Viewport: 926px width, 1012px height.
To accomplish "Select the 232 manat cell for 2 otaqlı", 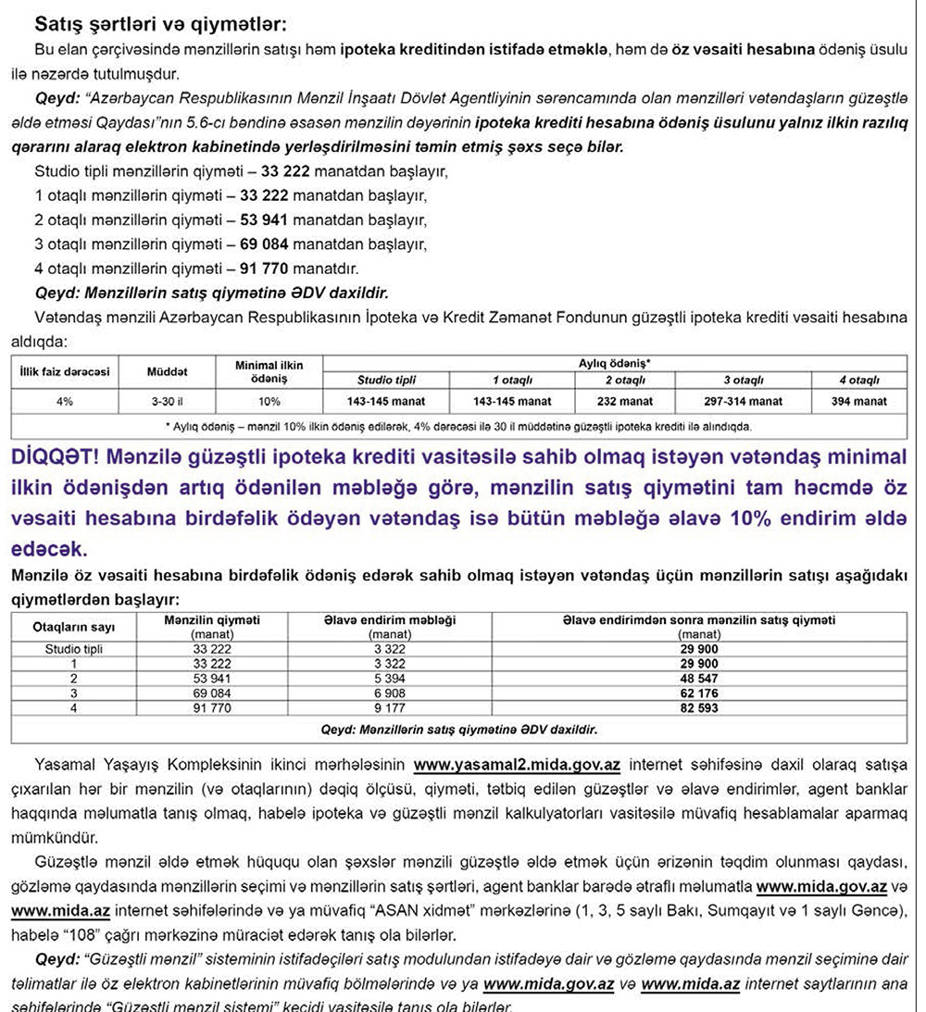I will click(x=625, y=401).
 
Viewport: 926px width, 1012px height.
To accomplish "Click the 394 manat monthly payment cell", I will click(x=858, y=401).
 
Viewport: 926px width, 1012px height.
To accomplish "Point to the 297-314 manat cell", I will click(x=743, y=401).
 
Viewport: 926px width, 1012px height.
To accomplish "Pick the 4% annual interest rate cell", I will click(x=66, y=401).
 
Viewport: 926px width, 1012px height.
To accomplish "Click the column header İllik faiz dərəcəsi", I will click(x=66, y=372).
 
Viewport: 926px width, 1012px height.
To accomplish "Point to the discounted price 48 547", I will click(x=699, y=679).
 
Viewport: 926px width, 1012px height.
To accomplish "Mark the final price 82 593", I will click(x=699, y=708).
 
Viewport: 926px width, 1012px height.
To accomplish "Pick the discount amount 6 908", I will click(x=390, y=693).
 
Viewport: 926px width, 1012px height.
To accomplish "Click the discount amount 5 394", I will click(x=390, y=679).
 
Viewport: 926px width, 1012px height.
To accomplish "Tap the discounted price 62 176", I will click(x=699, y=693).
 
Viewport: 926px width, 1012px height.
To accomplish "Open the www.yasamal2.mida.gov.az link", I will click(x=517, y=766).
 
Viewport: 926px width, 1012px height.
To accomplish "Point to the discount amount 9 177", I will click(x=390, y=708).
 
